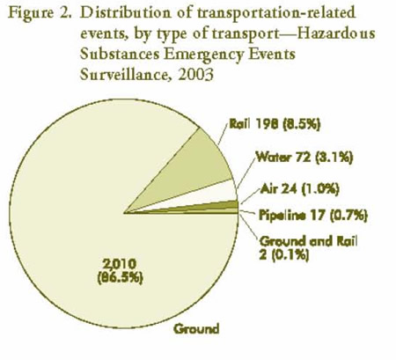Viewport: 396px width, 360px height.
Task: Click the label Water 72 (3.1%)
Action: tap(303, 159)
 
